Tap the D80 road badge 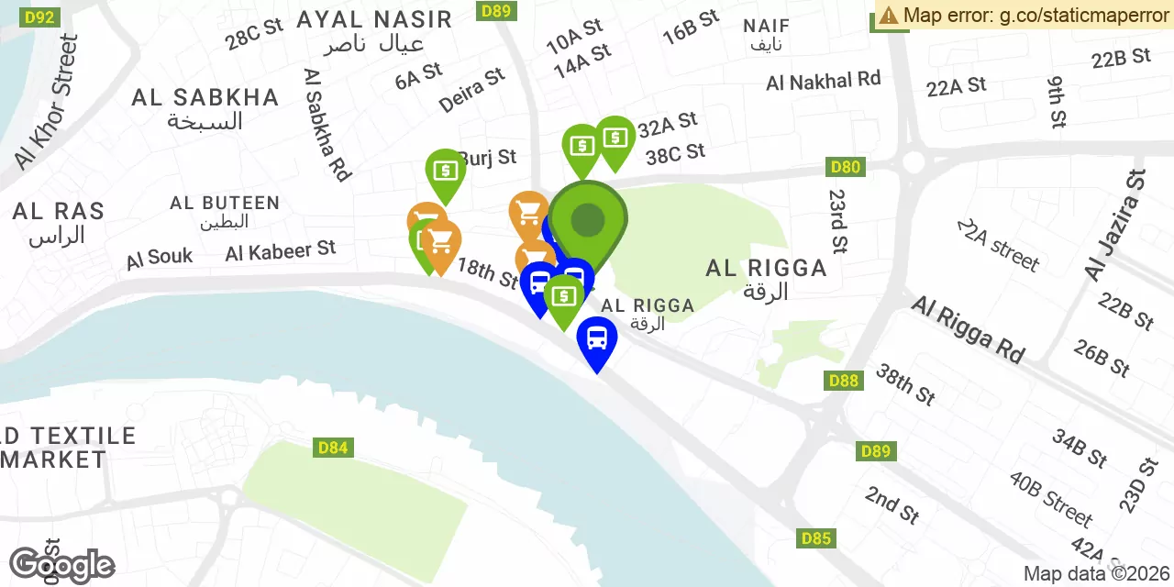(x=845, y=167)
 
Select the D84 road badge (x=333, y=448)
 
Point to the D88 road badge (x=843, y=381)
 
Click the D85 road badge (x=816, y=538)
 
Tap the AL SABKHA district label (x=205, y=98)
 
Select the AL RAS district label (x=58, y=212)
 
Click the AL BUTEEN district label (x=224, y=204)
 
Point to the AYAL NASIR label (x=374, y=19)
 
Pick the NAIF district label (x=767, y=26)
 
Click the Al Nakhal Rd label (x=823, y=82)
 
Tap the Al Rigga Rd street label (x=967, y=329)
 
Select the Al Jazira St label (x=1113, y=226)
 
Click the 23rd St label (x=837, y=221)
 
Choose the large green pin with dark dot (x=588, y=220)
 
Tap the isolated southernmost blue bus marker (x=597, y=339)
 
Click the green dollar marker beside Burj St (x=445, y=171)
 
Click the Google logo (x=61, y=566)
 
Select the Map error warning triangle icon (x=889, y=15)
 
